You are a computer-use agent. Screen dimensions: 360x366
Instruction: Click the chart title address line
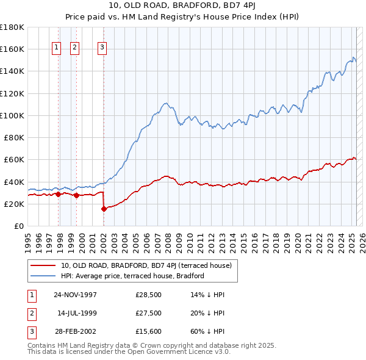click(x=182, y=6)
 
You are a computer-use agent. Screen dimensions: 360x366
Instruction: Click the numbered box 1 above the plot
click(x=56, y=48)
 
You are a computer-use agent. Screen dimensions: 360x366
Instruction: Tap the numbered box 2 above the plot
click(x=74, y=48)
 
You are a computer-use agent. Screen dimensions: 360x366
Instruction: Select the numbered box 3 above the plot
click(x=102, y=48)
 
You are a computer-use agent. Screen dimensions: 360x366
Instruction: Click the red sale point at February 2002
click(x=104, y=209)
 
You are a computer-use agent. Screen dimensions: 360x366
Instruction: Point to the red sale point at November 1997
click(x=59, y=195)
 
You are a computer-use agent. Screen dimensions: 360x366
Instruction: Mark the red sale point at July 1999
click(x=76, y=196)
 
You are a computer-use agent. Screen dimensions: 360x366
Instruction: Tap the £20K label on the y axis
click(x=15, y=204)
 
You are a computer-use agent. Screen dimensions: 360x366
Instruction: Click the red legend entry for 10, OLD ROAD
click(x=146, y=265)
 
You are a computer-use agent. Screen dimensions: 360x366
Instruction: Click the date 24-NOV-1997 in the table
click(x=75, y=295)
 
